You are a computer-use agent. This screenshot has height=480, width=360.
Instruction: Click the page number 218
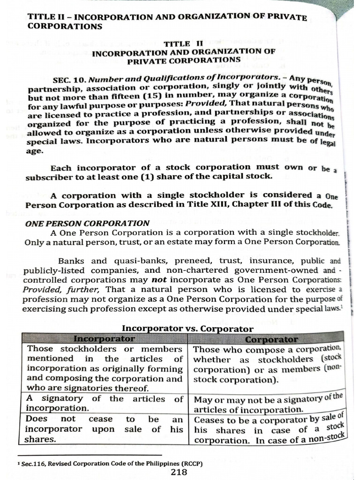pyautogui.click(x=180, y=472)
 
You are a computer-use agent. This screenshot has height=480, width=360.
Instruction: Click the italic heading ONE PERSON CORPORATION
pyautogui.click(x=87, y=224)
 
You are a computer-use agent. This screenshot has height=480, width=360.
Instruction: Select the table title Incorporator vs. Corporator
pyautogui.click(x=187, y=329)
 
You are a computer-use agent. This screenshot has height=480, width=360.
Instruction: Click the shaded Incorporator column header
pyautogui.click(x=104, y=338)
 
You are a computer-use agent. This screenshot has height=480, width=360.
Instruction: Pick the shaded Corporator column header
pyautogui.click(x=271, y=339)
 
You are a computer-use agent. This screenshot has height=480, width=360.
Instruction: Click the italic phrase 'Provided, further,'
pyautogui.click(x=63, y=289)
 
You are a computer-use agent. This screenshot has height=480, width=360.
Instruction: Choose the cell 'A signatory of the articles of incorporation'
pyautogui.click(x=104, y=403)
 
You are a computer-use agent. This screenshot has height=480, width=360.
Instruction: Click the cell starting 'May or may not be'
pyautogui.click(x=268, y=404)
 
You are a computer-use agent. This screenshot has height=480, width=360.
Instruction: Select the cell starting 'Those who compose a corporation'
pyautogui.click(x=268, y=364)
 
